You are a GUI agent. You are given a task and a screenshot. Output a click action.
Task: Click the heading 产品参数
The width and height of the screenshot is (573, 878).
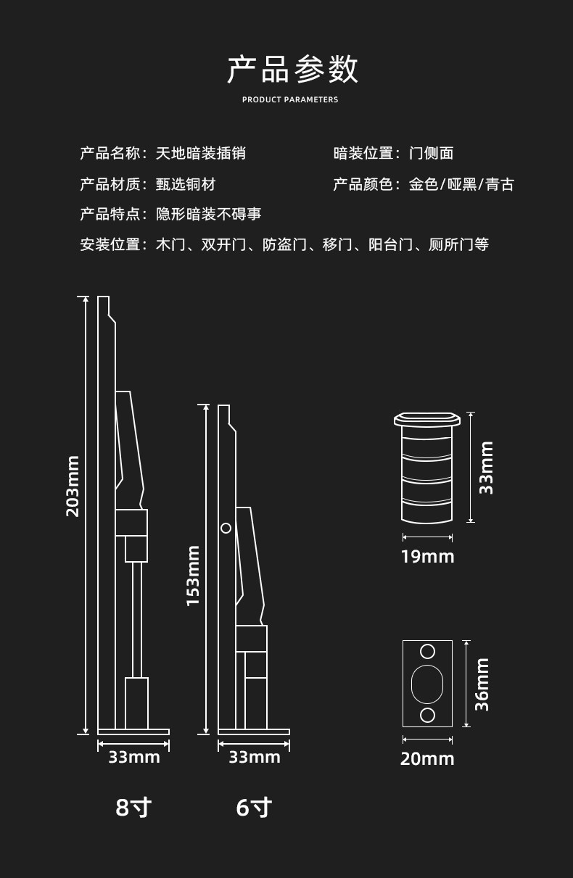292,69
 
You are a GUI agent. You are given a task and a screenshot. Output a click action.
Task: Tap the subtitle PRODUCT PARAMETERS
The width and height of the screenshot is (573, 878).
290,100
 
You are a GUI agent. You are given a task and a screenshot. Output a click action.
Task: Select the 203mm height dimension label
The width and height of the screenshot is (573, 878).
73,486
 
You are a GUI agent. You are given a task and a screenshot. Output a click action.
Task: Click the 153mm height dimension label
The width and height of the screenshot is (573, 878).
193,576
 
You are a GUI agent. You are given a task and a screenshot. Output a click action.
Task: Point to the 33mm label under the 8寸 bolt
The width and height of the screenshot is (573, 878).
134,758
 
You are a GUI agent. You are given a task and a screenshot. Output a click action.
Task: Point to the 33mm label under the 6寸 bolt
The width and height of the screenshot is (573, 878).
255,758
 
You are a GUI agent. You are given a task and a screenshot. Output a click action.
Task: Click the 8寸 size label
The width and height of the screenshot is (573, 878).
133,807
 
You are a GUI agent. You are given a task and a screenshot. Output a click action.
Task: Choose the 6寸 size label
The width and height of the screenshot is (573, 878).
254,807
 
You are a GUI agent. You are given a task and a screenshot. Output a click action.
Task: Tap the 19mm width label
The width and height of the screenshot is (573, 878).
427,557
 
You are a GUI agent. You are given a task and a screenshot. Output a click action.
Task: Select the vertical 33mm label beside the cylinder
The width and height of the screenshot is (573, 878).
487,468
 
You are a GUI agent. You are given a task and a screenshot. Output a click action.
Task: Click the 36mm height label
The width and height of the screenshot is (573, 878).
482,684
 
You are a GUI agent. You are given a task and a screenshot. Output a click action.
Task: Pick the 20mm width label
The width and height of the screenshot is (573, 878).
427,759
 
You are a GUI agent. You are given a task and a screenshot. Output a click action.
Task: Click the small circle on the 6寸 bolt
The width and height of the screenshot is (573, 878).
226,528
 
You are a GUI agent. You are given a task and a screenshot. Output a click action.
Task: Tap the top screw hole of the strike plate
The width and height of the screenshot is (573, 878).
427,651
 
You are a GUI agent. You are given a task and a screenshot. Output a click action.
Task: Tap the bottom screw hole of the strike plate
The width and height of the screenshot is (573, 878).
427,716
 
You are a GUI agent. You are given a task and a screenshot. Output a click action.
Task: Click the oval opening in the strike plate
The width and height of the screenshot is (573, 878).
427,684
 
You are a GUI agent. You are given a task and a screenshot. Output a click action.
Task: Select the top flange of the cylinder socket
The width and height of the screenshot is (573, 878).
427,419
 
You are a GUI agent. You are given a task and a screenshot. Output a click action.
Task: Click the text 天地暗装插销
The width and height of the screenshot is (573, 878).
200,153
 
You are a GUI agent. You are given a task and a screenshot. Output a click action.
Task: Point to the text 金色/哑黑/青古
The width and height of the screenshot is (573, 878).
461,185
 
